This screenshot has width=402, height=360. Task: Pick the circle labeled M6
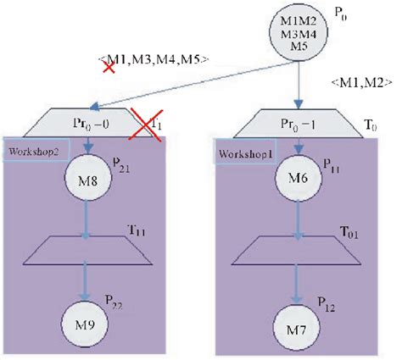296,179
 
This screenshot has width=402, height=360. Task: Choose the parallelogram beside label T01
297,250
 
